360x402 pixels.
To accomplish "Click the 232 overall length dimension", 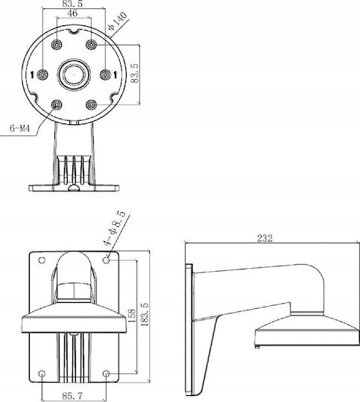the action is pos(265,238).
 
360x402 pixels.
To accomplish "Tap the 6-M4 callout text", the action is pos(20,128).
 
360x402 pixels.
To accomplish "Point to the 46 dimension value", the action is pos(72,13).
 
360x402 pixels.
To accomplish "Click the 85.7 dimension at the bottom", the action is pos(72,396).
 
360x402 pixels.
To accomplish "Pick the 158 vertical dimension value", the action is pos(131,316).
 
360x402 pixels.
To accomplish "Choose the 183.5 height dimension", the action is pos(145,314).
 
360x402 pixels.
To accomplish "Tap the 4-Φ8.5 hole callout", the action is pos(115,229).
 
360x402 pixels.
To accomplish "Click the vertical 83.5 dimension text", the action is pos(135,73).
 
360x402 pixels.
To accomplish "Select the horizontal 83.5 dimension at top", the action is pos(72,4).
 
